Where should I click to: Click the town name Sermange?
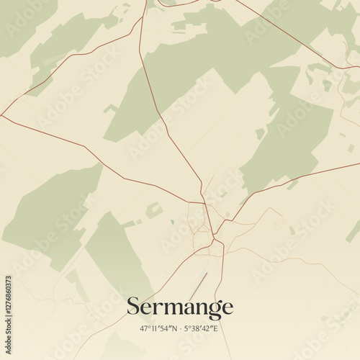coord(180,307)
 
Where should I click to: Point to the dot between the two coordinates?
coord(179,328)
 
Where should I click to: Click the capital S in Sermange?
coord(133,307)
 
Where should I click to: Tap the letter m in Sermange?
coord(170,308)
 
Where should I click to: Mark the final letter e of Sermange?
coord(227,308)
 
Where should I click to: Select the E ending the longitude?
coord(216,328)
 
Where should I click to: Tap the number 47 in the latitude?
coord(144,328)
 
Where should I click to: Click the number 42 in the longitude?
coord(207,328)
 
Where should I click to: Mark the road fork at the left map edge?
coord(3,116)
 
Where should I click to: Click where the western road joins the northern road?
coord(204,203)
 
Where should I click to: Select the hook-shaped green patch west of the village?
coord(153,210)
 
